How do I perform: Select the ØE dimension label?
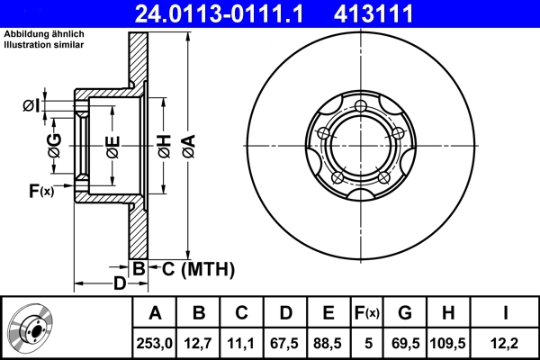point(112,145)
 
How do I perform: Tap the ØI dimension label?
point(31,106)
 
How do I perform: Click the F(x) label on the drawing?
point(40,190)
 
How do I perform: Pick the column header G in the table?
point(405,312)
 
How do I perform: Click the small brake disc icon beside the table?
point(31,327)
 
